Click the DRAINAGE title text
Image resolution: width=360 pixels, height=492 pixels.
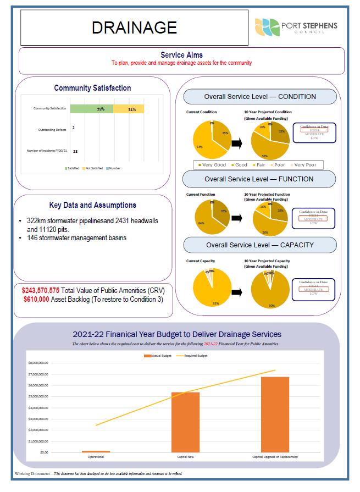click(x=134, y=27)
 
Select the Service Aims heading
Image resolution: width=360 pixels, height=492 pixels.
click(x=181, y=55)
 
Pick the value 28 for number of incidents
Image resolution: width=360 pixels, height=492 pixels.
click(x=75, y=151)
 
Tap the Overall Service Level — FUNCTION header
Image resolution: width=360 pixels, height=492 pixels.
click(x=259, y=179)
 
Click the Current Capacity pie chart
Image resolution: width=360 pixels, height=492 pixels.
click(x=211, y=288)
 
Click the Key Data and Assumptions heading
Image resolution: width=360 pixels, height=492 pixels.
click(x=93, y=205)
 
